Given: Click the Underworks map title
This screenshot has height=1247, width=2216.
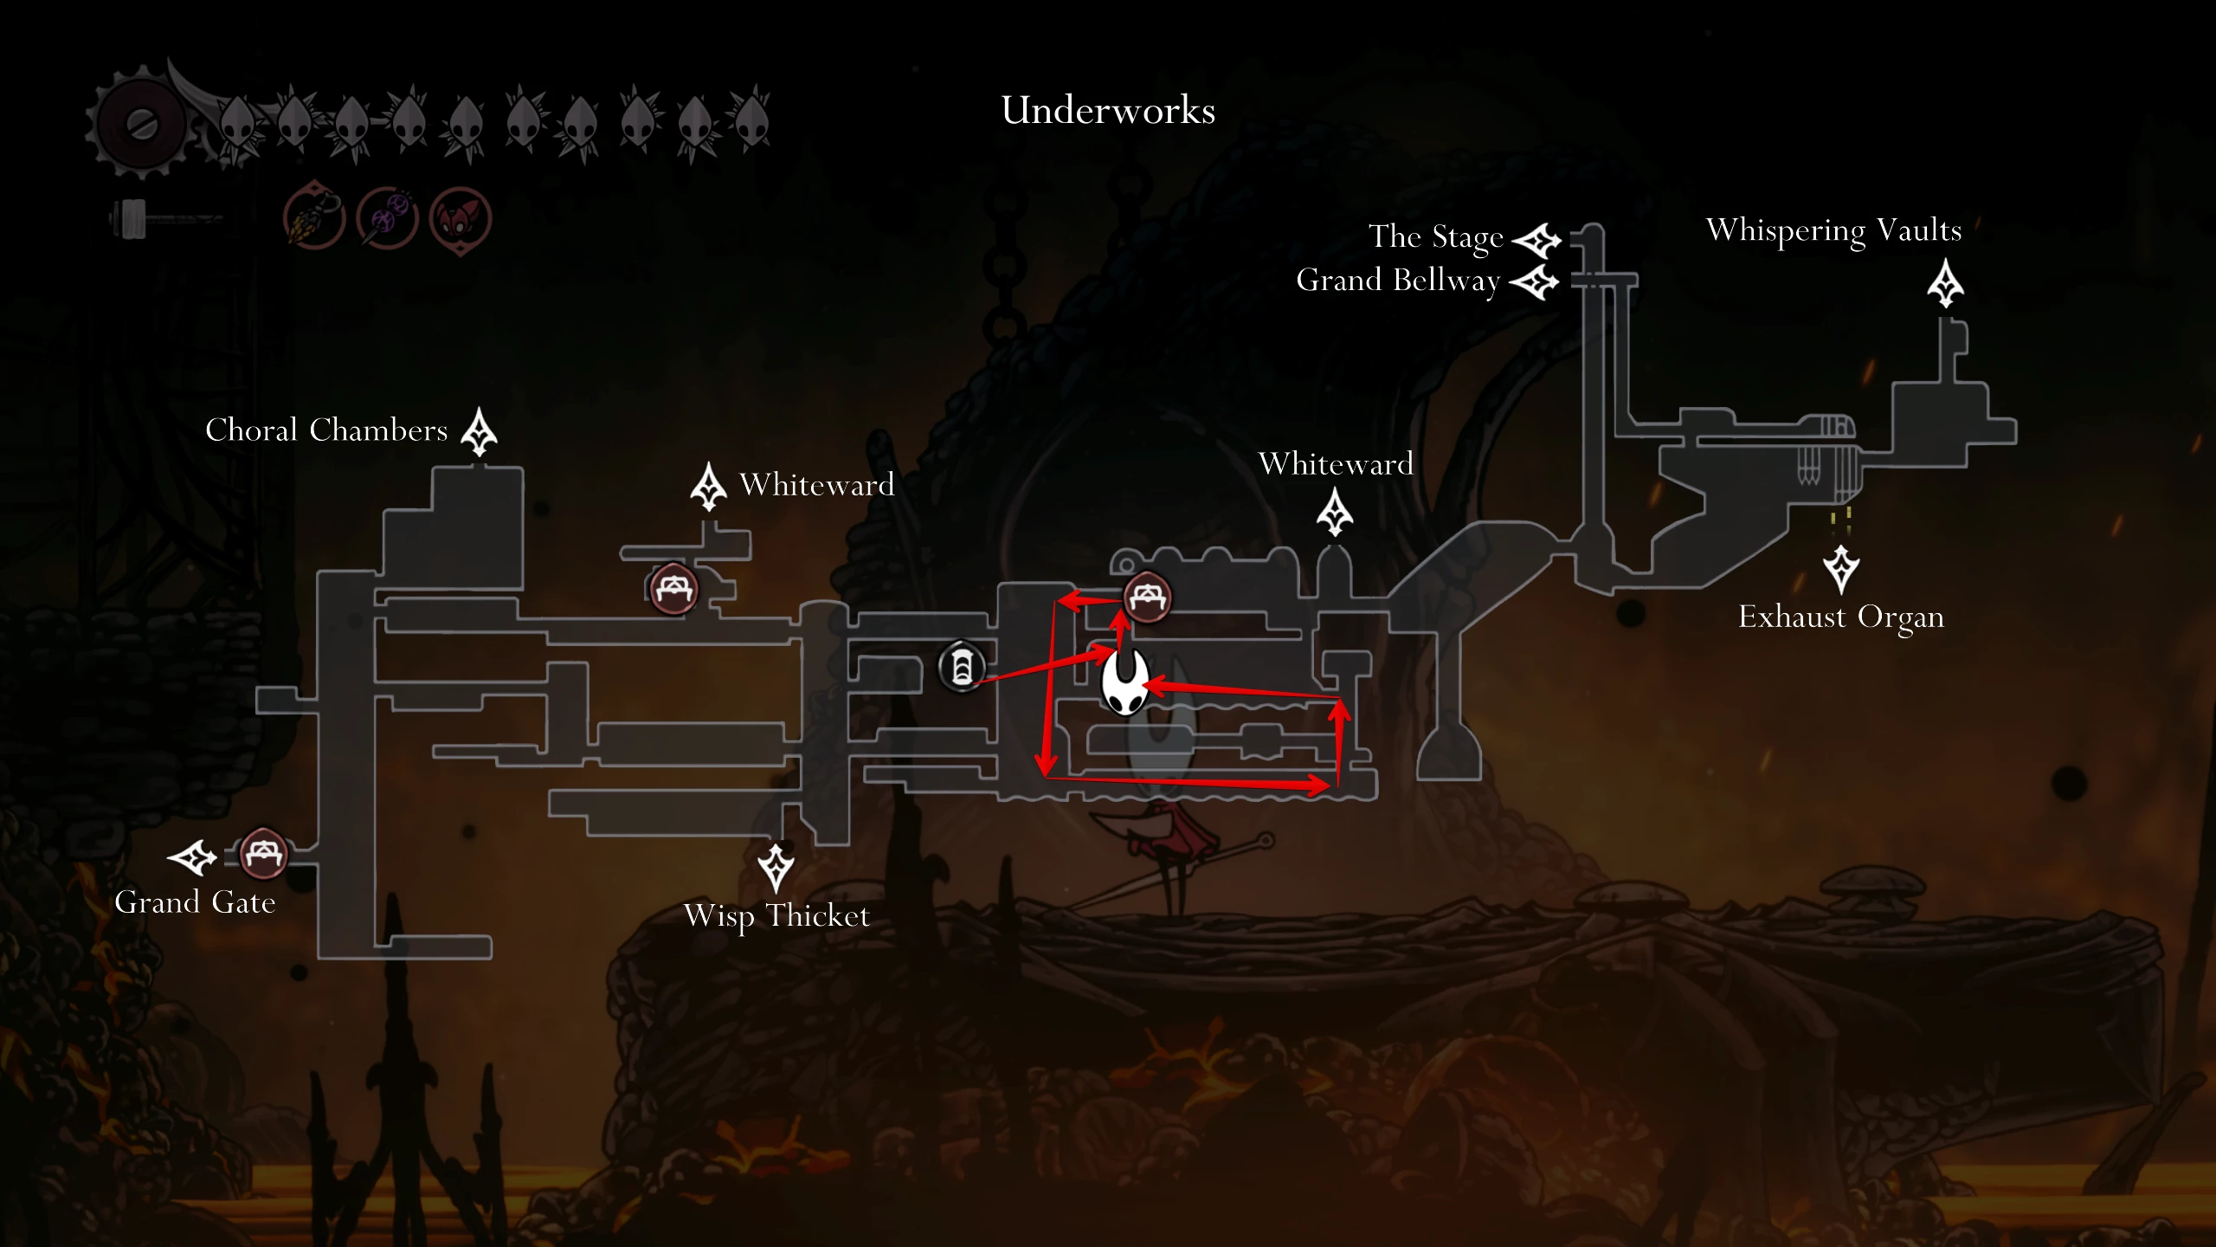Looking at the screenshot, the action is tap(1108, 110).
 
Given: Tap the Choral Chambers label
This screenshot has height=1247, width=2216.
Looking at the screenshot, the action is tap(326, 430).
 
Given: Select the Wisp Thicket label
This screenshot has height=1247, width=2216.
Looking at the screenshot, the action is tap(776, 916).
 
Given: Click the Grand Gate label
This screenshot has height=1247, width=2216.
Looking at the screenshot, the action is tap(195, 902).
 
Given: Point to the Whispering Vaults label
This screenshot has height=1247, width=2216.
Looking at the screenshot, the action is tap(1833, 230).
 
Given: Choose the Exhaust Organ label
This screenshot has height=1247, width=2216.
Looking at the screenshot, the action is tap(1841, 617).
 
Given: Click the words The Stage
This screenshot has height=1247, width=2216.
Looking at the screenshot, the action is tap(1435, 236).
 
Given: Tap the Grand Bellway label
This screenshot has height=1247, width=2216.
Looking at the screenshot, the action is tap(1398, 281).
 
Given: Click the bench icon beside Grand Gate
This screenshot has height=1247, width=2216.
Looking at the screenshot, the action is tap(263, 854).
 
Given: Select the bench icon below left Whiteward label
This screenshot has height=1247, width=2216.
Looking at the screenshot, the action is tap(673, 589).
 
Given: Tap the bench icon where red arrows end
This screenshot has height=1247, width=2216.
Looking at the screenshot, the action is tap(1148, 597).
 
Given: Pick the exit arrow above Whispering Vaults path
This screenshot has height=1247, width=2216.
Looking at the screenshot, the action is tap(1945, 283).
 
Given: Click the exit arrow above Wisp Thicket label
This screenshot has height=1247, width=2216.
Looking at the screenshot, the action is tap(776, 868).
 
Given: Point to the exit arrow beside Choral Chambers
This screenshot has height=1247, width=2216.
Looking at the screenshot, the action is tap(479, 431).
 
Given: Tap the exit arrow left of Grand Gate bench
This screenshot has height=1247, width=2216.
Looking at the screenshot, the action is tap(192, 857).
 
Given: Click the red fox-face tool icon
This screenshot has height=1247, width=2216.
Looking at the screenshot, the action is tap(461, 219).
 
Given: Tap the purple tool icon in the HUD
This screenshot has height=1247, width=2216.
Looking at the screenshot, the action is tap(388, 217).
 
